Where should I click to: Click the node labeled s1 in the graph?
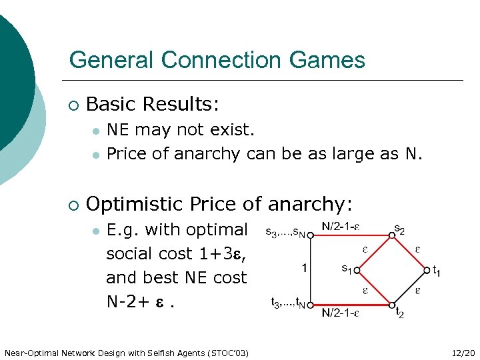click(x=357, y=270)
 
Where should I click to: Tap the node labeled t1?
click(x=426, y=270)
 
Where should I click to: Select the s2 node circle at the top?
click(x=392, y=235)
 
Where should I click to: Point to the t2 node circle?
click(x=392, y=304)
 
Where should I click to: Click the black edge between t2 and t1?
click(x=409, y=287)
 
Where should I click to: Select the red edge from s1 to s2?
click(x=375, y=252)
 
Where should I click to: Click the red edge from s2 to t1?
click(x=409, y=252)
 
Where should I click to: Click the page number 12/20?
click(x=463, y=352)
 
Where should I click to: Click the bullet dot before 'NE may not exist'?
click(x=96, y=129)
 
